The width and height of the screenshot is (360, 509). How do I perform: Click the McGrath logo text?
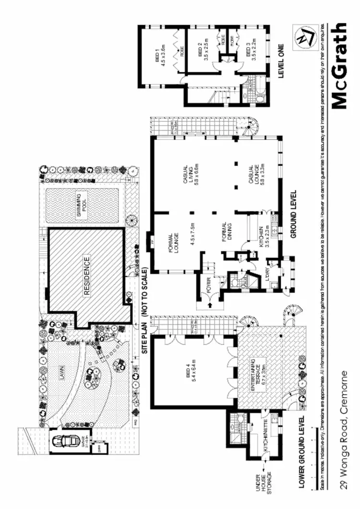[x=339, y=65]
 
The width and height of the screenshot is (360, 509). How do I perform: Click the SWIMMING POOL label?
[x=82, y=205]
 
